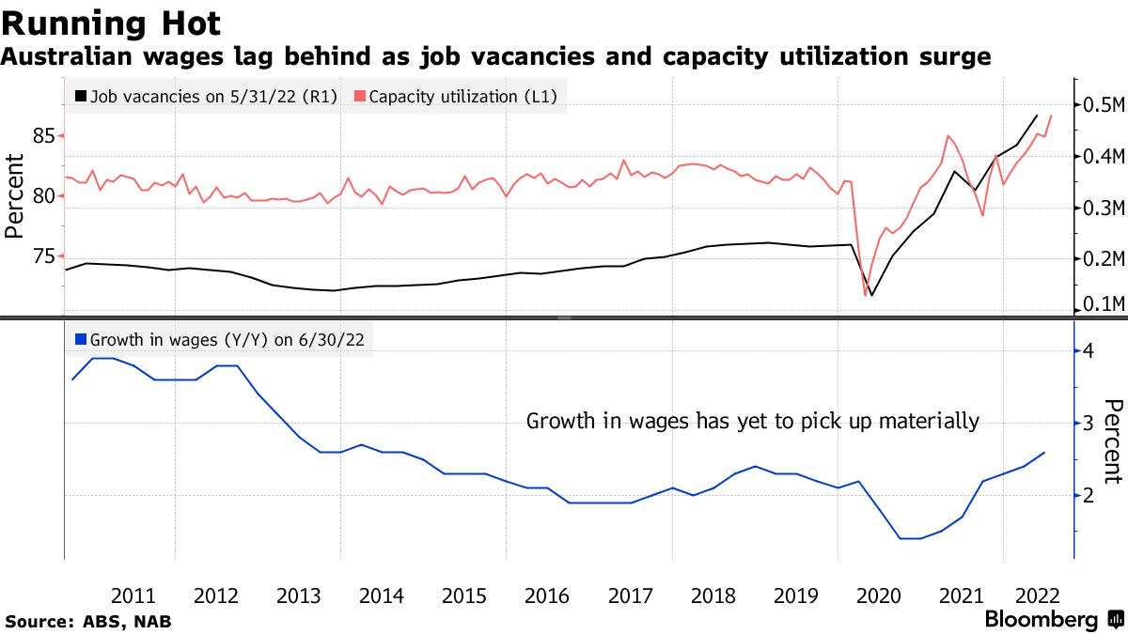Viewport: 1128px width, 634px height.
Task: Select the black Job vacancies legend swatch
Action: pyautogui.click(x=82, y=96)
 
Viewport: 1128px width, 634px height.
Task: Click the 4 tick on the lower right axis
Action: pyautogui.click(x=1088, y=350)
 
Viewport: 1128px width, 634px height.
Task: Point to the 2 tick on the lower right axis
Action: pyautogui.click(x=1088, y=495)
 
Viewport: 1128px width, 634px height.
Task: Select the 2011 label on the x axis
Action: pyautogui.click(x=133, y=595)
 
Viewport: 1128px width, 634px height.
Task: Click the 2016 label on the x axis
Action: pyautogui.click(x=547, y=595)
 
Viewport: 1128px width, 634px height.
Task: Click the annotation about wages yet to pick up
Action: pyautogui.click(x=752, y=421)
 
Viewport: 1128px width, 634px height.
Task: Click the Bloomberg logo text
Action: pyautogui.click(x=1041, y=620)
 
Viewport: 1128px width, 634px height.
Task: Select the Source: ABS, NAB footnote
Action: pyautogui.click(x=88, y=621)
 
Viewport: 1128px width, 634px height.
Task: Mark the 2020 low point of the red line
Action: pyautogui.click(x=865, y=296)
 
